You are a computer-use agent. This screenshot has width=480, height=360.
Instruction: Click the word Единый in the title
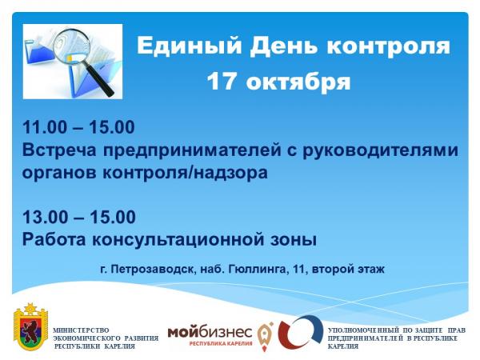[189, 46]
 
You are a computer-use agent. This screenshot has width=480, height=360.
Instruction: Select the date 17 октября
[279, 82]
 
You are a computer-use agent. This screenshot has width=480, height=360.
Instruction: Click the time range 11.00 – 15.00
[78, 127]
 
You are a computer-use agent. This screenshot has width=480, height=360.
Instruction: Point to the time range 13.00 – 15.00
[79, 217]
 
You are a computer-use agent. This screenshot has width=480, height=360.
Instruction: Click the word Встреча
[59, 150]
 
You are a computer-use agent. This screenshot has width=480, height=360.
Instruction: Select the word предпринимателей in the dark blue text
[192, 150]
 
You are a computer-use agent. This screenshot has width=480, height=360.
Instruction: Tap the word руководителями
[381, 150]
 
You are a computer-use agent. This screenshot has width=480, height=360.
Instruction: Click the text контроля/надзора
[185, 173]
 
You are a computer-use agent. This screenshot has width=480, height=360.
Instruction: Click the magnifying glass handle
[98, 80]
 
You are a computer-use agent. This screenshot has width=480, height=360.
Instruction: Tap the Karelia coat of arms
[31, 326]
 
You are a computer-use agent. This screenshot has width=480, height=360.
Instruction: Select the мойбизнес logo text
[210, 332]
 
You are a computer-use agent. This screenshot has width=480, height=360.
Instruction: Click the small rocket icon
[265, 336]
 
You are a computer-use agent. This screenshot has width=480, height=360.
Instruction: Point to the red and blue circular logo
[301, 333]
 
